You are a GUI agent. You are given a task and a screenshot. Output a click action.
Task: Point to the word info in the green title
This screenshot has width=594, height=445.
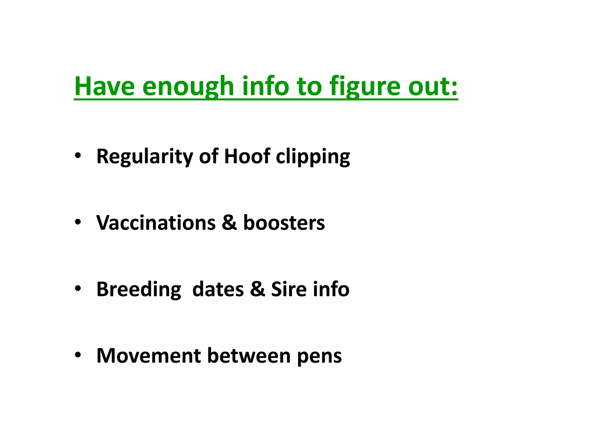point(266,86)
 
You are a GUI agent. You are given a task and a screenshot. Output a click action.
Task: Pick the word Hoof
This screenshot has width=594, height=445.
point(247,156)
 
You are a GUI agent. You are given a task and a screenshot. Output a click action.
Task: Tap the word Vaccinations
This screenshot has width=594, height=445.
point(156,223)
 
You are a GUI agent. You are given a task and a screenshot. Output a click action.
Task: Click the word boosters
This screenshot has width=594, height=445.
point(284,223)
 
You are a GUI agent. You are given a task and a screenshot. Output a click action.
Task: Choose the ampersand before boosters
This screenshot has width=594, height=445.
point(229,223)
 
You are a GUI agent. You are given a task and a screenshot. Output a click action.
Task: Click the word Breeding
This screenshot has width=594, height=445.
point(139,290)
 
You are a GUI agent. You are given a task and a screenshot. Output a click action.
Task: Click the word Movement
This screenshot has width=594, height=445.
point(148,355)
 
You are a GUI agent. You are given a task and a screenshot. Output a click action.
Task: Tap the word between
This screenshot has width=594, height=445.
point(249,355)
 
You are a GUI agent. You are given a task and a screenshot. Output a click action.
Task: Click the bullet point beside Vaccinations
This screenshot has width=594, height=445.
point(77,222)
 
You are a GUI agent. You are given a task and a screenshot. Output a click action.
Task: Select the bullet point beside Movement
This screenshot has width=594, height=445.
point(77,355)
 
